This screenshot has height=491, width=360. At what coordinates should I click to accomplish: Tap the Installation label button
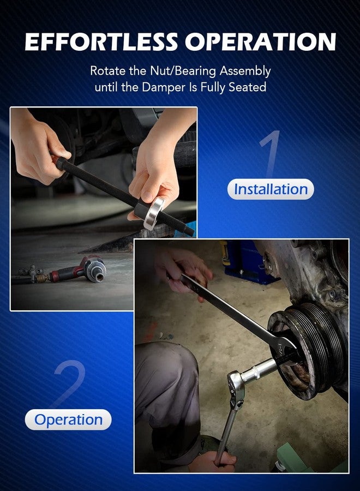[271, 189]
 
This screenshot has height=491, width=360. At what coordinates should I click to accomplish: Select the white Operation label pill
[68, 420]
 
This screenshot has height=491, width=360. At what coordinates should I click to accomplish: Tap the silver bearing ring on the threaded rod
[154, 212]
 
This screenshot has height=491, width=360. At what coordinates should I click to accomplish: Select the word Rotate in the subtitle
[107, 71]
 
